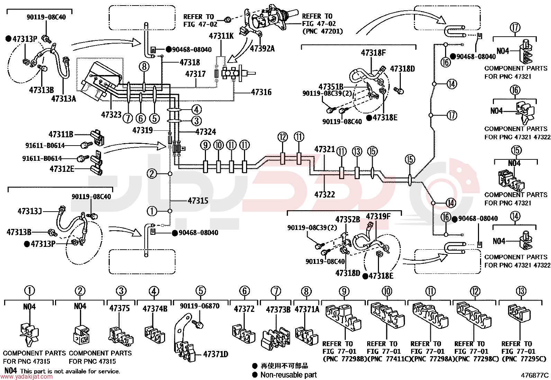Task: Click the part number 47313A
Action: pyautogui.click(x=63, y=99)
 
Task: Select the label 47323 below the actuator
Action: pyautogui.click(x=111, y=114)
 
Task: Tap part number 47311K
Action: pyautogui.click(x=222, y=36)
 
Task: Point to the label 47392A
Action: pyautogui.click(x=262, y=49)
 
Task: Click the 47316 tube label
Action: pyautogui.click(x=261, y=92)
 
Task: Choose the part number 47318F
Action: pyautogui.click(x=373, y=53)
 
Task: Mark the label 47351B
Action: pyautogui.click(x=331, y=87)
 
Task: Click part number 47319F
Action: pyautogui.click(x=378, y=216)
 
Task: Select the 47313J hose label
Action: pyautogui.click(x=30, y=211)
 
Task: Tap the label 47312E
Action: pyautogui.click(x=62, y=169)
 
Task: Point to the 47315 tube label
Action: pyautogui.click(x=198, y=201)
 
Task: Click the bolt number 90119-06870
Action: pyautogui.click(x=199, y=306)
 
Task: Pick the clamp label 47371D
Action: pyautogui.click(x=216, y=354)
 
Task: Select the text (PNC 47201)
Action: pyautogui.click(x=323, y=31)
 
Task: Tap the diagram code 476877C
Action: pyautogui.click(x=535, y=375)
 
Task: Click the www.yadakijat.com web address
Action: pyautogui.click(x=26, y=377)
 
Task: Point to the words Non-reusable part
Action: pyautogui.click(x=289, y=375)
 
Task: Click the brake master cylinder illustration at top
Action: pyautogui.click(x=271, y=21)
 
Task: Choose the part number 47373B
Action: pyautogui.click(x=278, y=310)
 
